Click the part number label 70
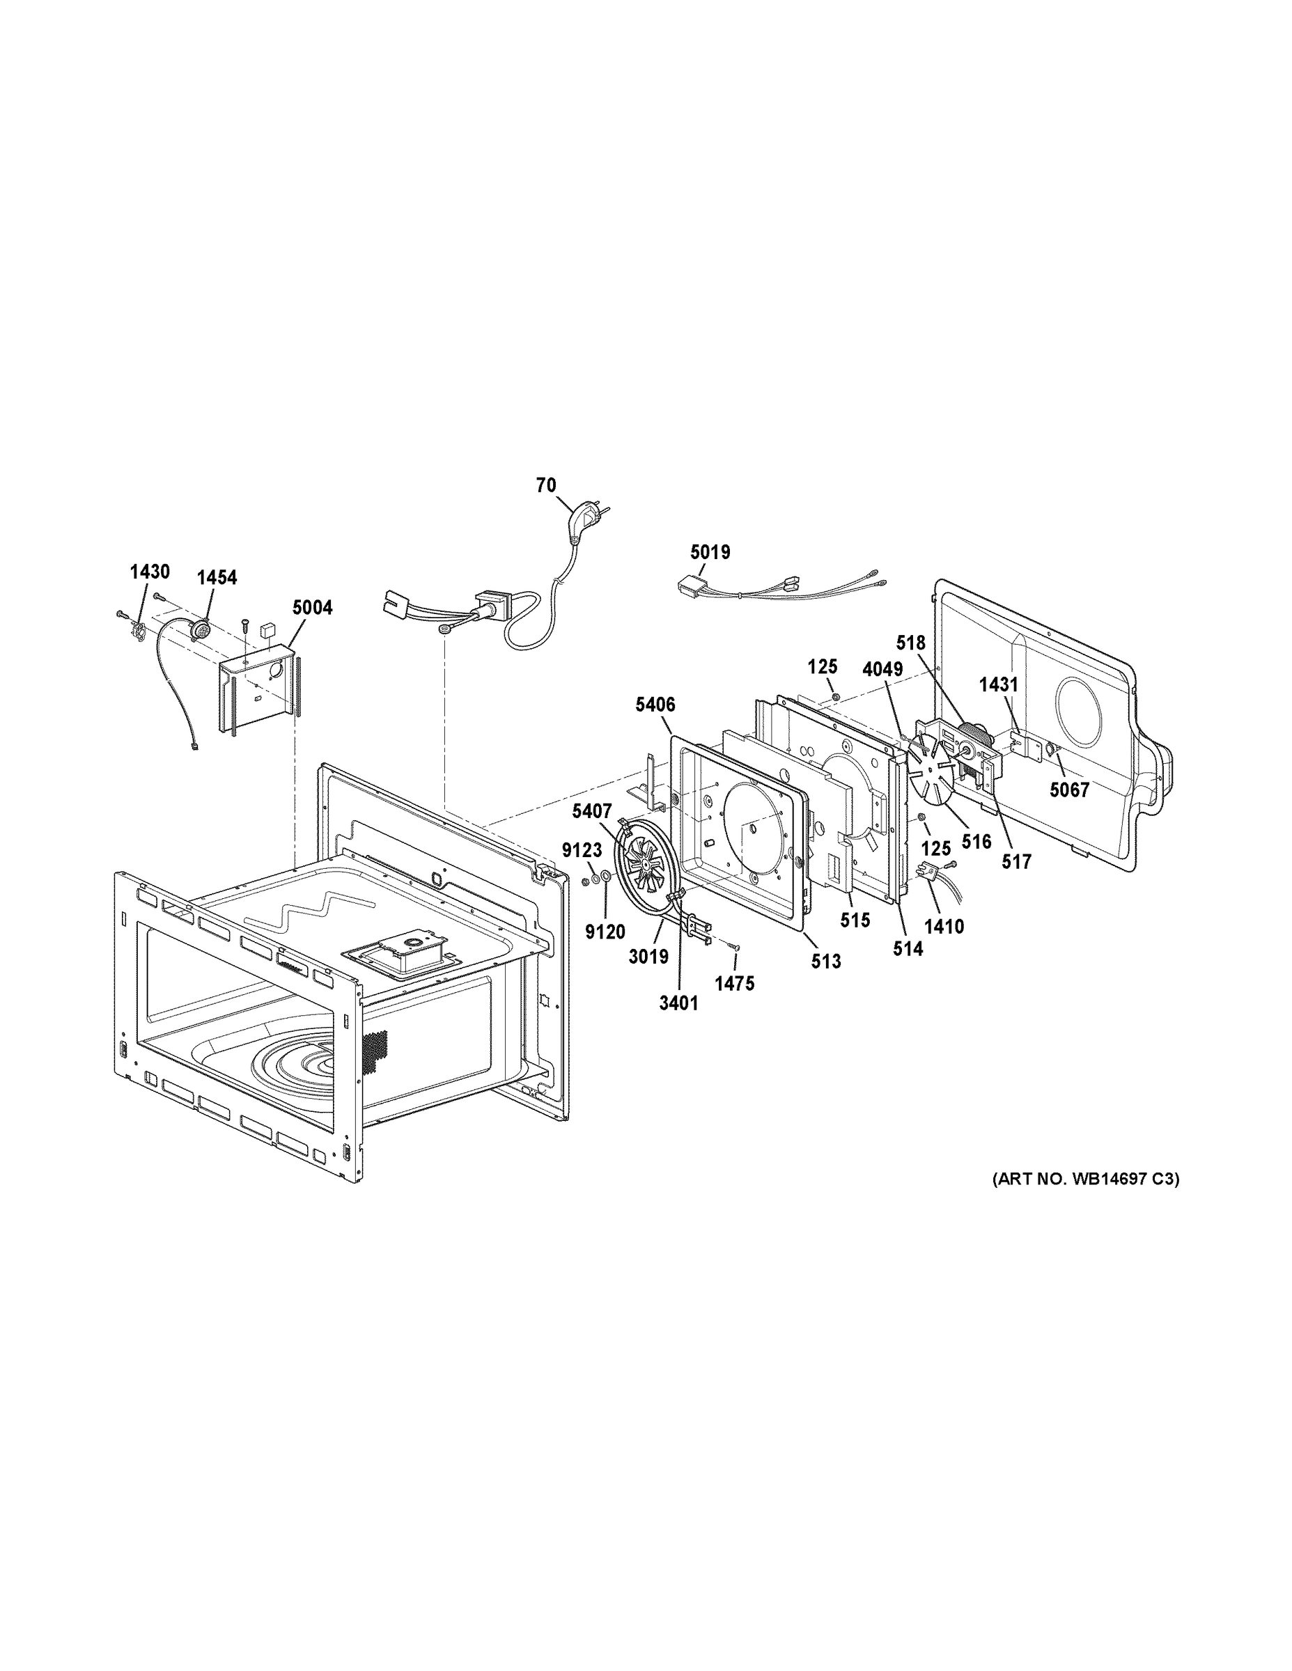pyautogui.click(x=546, y=485)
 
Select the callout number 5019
pyautogui.click(x=710, y=551)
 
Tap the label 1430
pyautogui.click(x=149, y=571)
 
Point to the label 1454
pyautogui.click(x=217, y=578)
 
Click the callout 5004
pyautogui.click(x=312, y=608)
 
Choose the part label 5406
pyautogui.click(x=655, y=704)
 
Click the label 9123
pyautogui.click(x=582, y=850)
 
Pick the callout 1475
pyautogui.click(x=735, y=984)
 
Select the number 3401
pyautogui.click(x=679, y=1003)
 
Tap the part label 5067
pyautogui.click(x=1069, y=790)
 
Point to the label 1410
pyautogui.click(x=944, y=927)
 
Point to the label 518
pyautogui.click(x=911, y=643)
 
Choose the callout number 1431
pyautogui.click(x=999, y=685)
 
